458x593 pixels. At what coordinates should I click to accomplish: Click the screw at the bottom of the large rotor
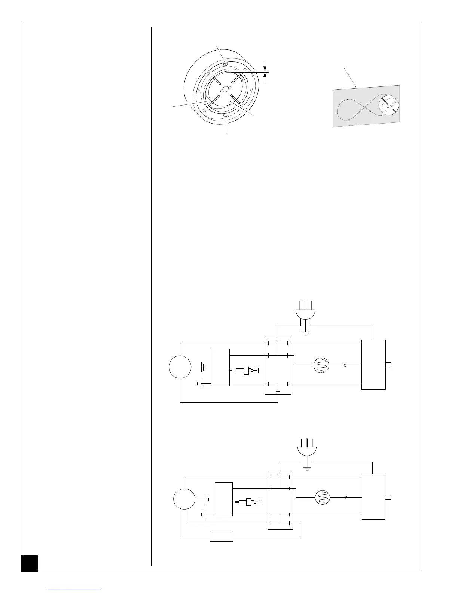coord(225,116)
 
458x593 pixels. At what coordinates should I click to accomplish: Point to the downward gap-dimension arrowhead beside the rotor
coord(265,68)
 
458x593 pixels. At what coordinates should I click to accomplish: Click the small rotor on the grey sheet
coord(389,107)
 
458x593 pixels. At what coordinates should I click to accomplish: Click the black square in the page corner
coord(29,563)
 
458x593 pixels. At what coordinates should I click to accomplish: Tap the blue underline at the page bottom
coord(74,590)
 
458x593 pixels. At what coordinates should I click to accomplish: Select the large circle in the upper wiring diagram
coord(180,367)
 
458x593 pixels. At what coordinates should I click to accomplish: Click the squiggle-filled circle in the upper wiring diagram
coord(321,365)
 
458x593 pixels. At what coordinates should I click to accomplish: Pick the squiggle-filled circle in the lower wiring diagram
coord(323,498)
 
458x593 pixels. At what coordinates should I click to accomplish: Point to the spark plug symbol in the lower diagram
coord(248,502)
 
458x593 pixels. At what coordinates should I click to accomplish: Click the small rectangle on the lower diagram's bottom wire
coord(222,536)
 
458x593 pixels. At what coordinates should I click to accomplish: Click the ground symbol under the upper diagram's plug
coord(306,333)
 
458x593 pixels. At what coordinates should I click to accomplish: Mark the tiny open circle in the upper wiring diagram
coord(345,365)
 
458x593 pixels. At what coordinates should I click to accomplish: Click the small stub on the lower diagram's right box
coord(388,497)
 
